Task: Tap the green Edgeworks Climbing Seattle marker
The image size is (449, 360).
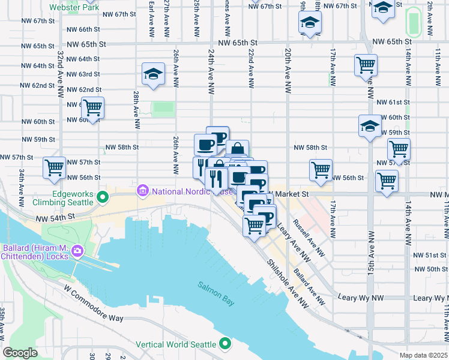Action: click(x=103, y=196)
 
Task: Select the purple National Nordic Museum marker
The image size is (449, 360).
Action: click(x=142, y=191)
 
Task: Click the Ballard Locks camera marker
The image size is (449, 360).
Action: click(x=77, y=250)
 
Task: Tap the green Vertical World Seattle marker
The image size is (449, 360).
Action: click(x=225, y=344)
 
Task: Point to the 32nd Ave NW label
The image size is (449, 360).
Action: click(x=61, y=74)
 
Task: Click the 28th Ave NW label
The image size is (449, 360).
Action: click(x=137, y=110)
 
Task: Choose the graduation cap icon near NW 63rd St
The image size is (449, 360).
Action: click(x=153, y=74)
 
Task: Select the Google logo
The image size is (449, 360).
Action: click(x=20, y=353)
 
